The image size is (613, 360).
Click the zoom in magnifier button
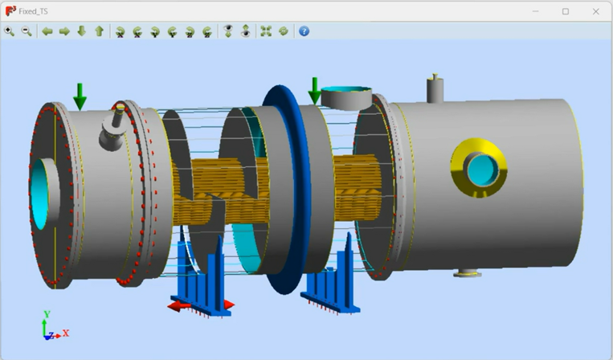(10, 31)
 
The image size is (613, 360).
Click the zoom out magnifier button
(27, 31)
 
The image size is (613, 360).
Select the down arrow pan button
(82, 31)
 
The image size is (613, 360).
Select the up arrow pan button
(100, 31)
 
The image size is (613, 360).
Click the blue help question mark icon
(304, 31)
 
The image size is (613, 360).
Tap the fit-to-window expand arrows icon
(266, 31)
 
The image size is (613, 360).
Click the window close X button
(595, 11)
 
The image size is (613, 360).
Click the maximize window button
(566, 11)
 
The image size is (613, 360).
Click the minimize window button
(536, 11)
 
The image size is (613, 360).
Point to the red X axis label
(66, 333)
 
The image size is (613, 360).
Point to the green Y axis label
(47, 314)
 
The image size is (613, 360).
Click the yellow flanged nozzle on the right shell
(480, 167)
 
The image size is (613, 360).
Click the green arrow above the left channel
(80, 96)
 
